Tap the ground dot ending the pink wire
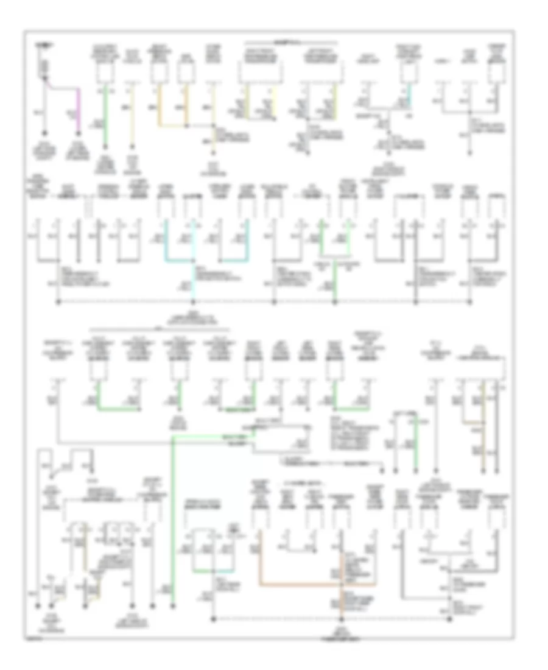[x=78, y=133]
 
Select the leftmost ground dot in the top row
[x=44, y=133]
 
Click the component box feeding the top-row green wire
[x=105, y=73]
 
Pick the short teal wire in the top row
[x=409, y=94]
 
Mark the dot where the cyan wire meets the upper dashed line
[x=195, y=302]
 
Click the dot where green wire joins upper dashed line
[x=334, y=302]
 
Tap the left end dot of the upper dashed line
[x=58, y=302]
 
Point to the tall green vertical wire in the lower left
[x=173, y=518]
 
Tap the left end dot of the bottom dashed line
[x=214, y=620]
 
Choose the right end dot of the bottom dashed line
[x=450, y=620]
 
